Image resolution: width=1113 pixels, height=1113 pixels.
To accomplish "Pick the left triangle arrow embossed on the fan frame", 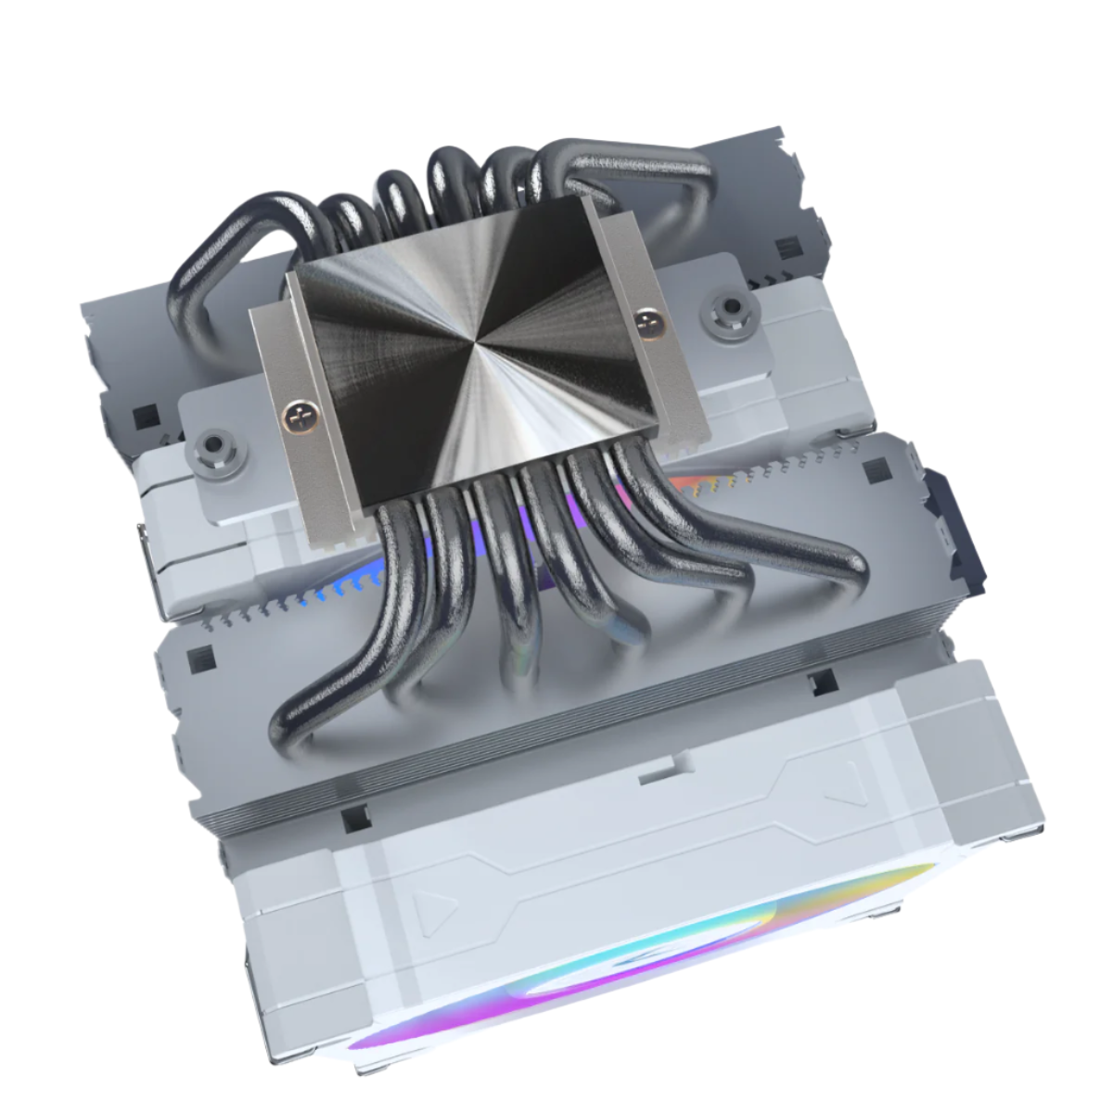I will [428, 913].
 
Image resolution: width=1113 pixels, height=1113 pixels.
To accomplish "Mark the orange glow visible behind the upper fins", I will [691, 482].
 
